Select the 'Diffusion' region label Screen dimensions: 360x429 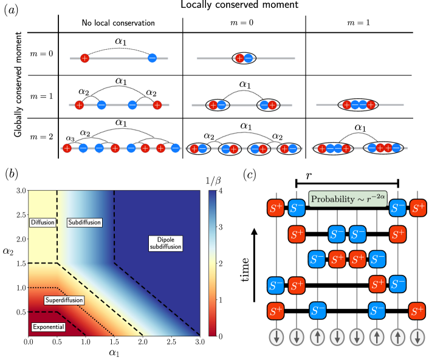coord(41,222)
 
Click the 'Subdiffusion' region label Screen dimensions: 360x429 coord(84,222)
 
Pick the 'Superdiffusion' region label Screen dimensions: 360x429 coord(64,300)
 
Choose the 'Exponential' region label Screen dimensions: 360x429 coord(48,327)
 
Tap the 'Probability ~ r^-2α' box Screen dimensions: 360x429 coord(348,199)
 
